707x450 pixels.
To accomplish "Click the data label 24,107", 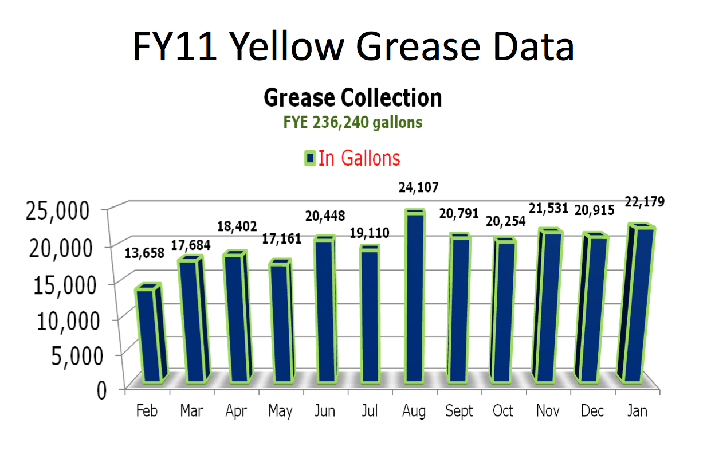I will point(414,188).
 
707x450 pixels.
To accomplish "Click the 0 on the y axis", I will point(101,390).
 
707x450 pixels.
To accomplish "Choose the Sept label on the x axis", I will point(459,411).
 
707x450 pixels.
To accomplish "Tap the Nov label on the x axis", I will point(548,411).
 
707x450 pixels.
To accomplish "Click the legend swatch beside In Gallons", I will point(310,159).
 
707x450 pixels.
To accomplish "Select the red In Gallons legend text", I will point(359,158).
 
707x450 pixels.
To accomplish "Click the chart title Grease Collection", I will point(352,99).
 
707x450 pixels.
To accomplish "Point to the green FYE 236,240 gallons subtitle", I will point(352,122).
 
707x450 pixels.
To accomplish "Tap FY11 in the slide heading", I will point(174,45).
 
